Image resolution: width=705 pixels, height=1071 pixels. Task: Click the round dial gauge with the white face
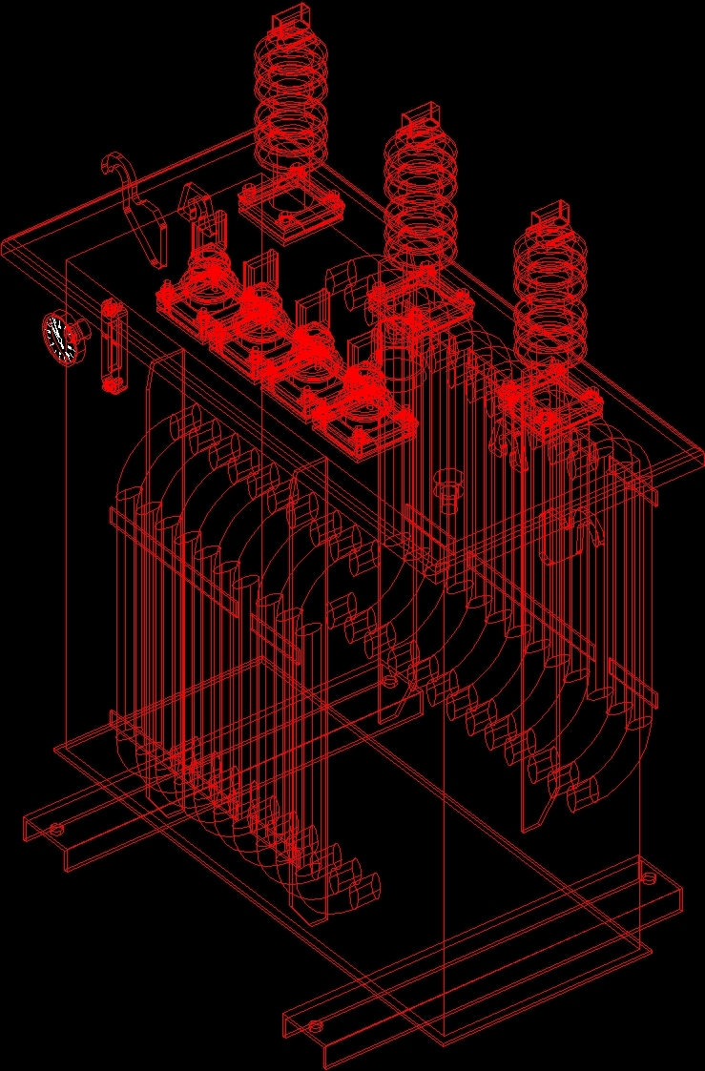pyautogui.click(x=61, y=339)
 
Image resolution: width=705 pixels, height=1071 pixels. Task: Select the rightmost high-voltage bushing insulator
pyautogui.click(x=549, y=291)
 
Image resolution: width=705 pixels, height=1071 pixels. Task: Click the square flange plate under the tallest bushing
pyautogui.click(x=291, y=210)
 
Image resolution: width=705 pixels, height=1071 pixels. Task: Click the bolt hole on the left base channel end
pyautogui.click(x=56, y=829)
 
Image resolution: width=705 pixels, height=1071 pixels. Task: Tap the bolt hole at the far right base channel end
pyautogui.click(x=650, y=876)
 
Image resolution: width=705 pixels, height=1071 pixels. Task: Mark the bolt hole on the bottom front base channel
pyautogui.click(x=315, y=1027)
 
